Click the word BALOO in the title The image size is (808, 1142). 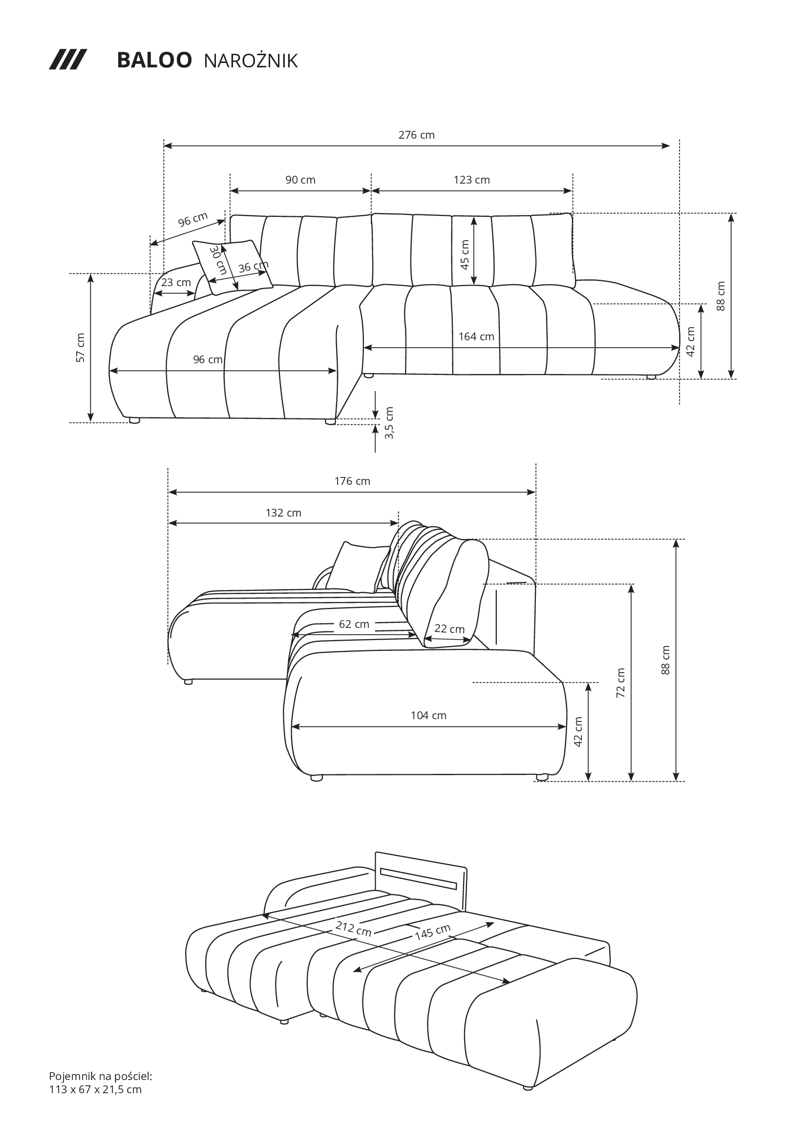(154, 60)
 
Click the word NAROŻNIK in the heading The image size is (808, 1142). (251, 61)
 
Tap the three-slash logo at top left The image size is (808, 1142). (68, 60)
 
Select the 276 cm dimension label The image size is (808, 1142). (416, 135)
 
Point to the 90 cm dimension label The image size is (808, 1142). (300, 180)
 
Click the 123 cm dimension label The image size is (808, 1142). (472, 180)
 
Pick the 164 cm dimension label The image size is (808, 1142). (476, 337)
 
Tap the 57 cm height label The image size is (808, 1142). (81, 347)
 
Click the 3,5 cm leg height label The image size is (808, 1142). (389, 423)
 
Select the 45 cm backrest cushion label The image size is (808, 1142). (465, 255)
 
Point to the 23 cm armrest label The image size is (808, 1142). (176, 283)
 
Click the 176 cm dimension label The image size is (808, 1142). (352, 481)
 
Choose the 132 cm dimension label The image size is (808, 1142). (284, 513)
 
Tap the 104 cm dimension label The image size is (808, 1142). (428, 715)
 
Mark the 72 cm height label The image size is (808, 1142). (621, 683)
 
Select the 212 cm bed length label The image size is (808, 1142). (354, 928)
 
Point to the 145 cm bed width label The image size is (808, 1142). (433, 931)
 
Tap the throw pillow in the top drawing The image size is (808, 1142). (233, 267)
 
